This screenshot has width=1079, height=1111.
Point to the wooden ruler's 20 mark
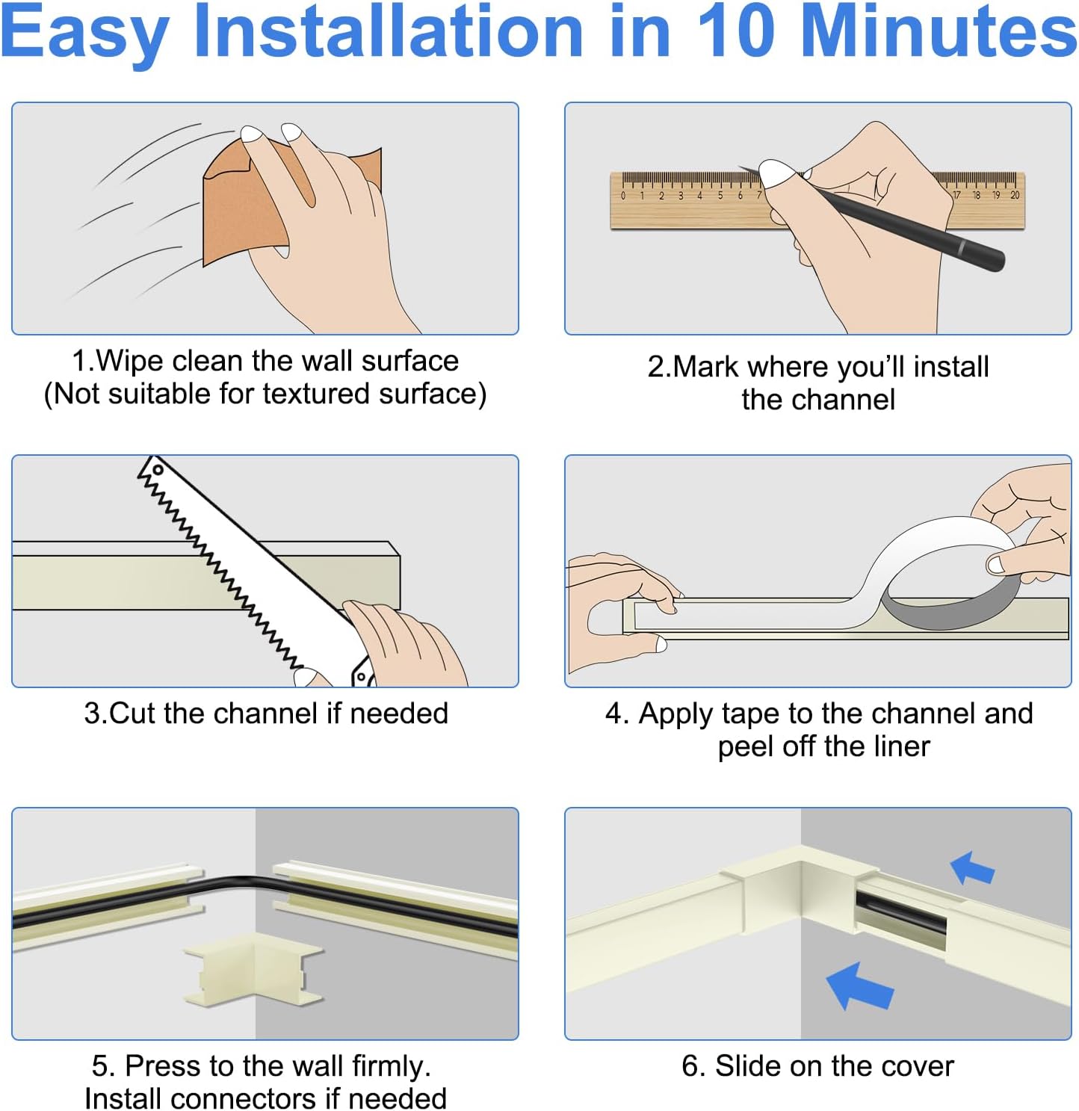point(1015,195)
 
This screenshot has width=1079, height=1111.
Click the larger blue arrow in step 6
point(859,986)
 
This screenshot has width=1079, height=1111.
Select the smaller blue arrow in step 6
point(972,868)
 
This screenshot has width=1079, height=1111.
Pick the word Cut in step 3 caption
point(132,714)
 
